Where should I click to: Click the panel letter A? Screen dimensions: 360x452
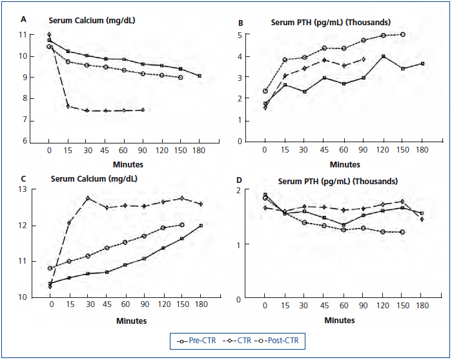(24, 19)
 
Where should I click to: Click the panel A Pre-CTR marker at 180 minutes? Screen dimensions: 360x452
(200, 76)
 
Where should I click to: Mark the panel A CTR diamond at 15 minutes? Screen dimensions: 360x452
(68, 106)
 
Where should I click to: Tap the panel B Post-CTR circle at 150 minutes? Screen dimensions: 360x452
(403, 34)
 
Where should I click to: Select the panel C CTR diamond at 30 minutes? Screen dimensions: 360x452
(87, 198)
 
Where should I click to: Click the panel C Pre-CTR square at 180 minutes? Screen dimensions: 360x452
(201, 225)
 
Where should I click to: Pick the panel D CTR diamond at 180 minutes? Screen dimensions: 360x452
(422, 219)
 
